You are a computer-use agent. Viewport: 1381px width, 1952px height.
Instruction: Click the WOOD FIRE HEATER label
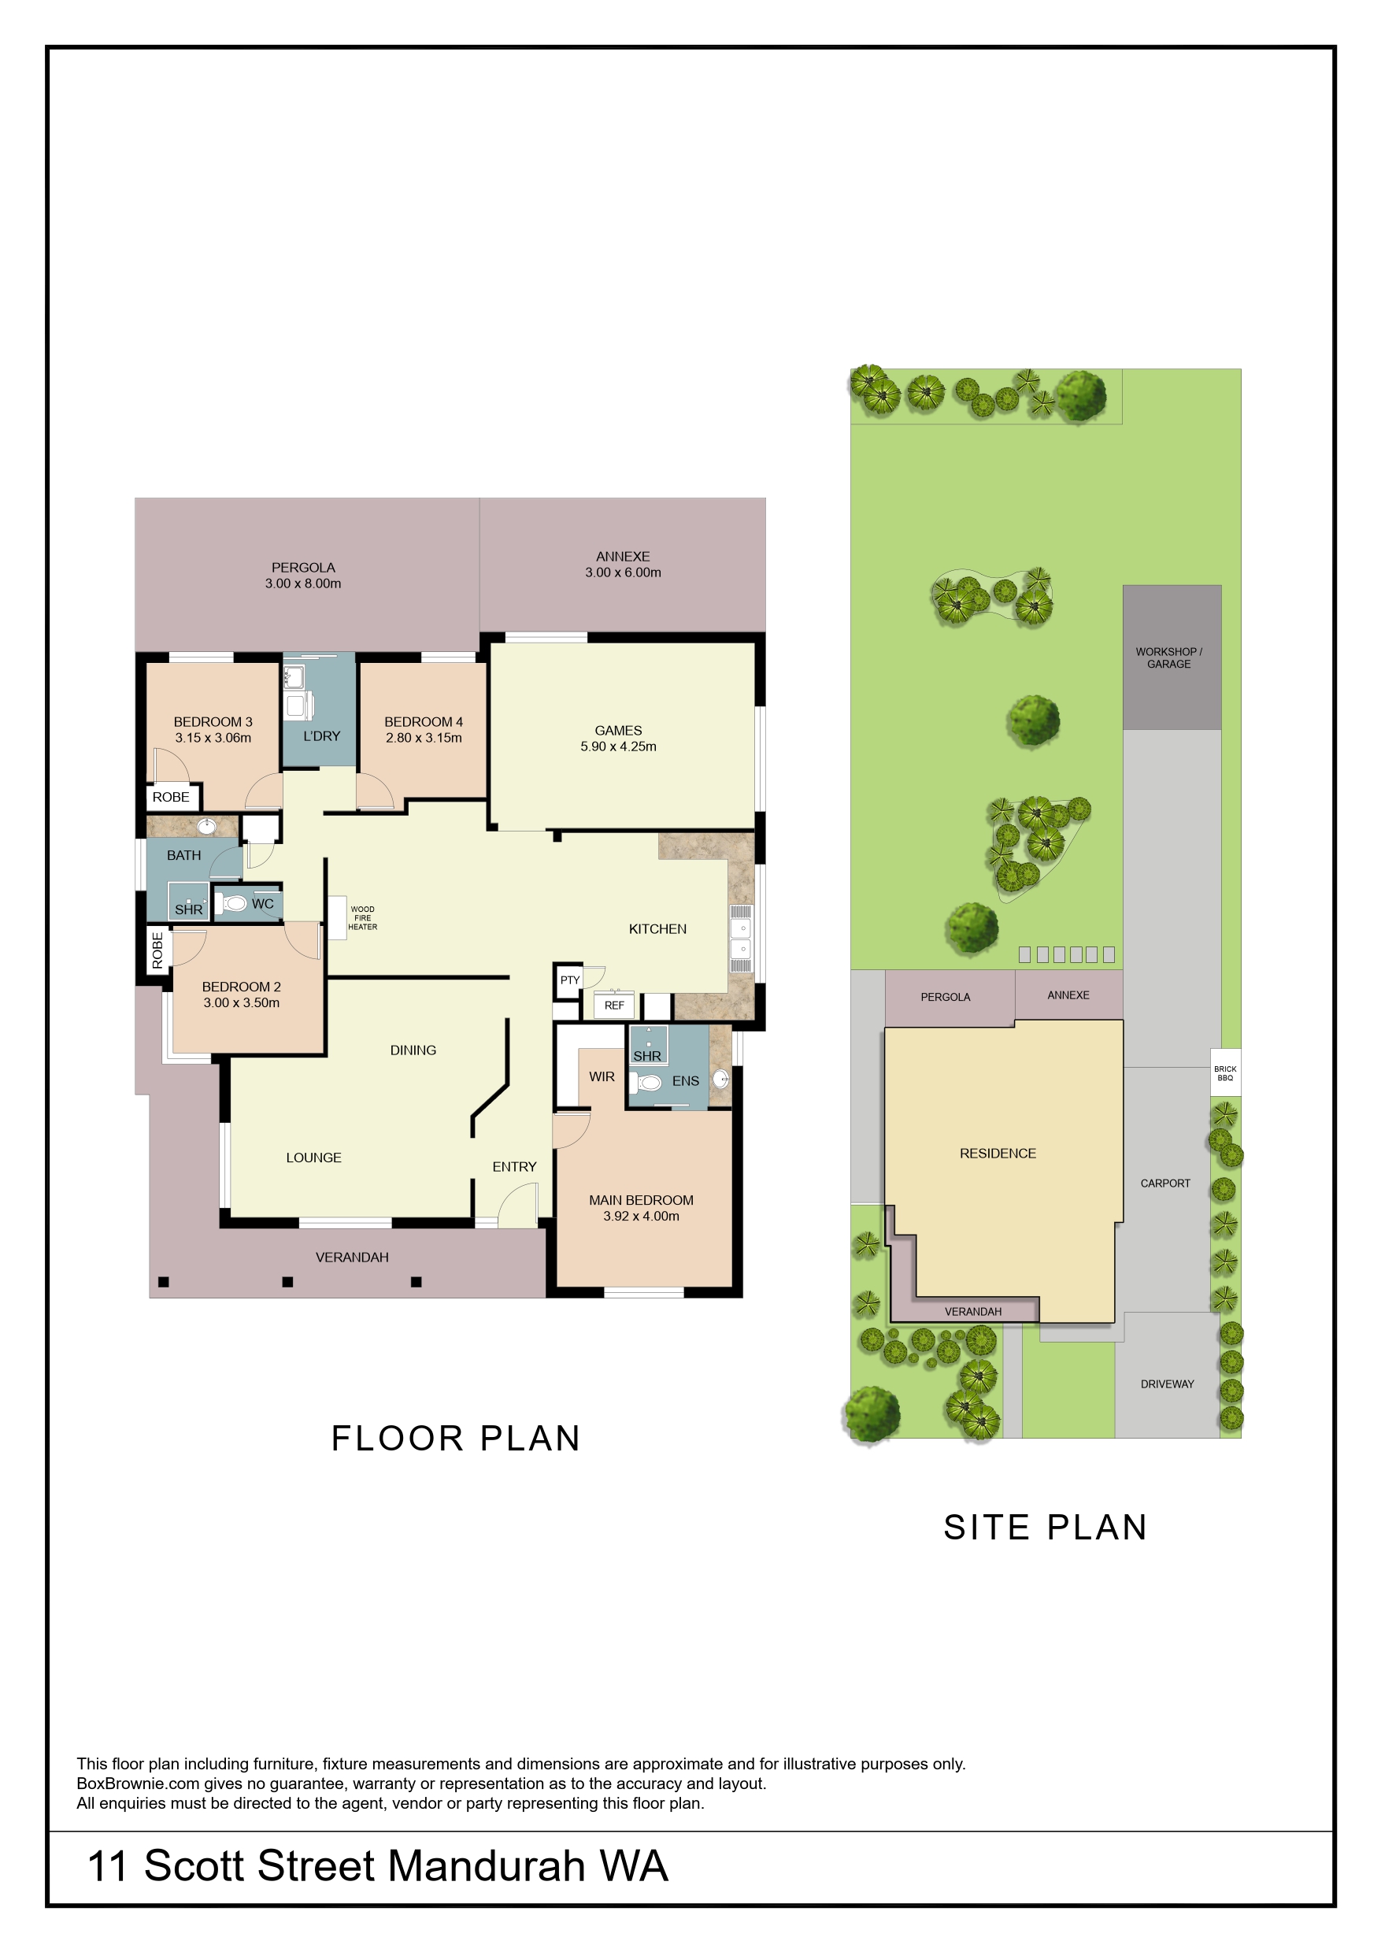click(362, 918)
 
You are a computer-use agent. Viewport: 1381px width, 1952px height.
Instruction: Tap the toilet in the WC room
click(231, 903)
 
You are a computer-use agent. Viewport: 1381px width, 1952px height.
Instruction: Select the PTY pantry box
click(569, 980)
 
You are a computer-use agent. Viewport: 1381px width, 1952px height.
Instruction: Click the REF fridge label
click(614, 1006)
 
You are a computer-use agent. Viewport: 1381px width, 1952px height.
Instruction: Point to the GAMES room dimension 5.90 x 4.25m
click(618, 746)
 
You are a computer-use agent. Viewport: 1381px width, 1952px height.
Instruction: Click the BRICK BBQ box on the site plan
click(1225, 1072)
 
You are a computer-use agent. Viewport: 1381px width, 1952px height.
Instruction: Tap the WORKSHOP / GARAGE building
click(1172, 657)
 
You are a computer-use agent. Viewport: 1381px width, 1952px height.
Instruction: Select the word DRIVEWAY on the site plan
click(1167, 1383)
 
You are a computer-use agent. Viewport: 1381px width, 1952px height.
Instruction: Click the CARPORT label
click(1165, 1183)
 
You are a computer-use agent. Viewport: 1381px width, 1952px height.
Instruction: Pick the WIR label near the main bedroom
click(602, 1077)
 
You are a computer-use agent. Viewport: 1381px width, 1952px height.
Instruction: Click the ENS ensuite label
click(686, 1081)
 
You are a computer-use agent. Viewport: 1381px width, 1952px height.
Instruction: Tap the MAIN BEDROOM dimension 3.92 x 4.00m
click(641, 1217)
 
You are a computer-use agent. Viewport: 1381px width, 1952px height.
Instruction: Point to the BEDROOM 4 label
click(424, 722)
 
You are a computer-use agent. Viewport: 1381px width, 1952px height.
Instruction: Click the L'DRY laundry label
click(321, 736)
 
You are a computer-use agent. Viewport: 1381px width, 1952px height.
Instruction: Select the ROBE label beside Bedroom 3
click(171, 797)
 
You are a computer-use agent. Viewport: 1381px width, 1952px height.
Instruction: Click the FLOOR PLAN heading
click(456, 1439)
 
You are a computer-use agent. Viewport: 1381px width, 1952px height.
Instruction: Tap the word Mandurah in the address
click(488, 1866)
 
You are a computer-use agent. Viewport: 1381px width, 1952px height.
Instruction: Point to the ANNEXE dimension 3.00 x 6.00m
click(623, 572)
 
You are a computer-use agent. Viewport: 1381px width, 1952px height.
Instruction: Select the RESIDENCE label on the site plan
click(998, 1154)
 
